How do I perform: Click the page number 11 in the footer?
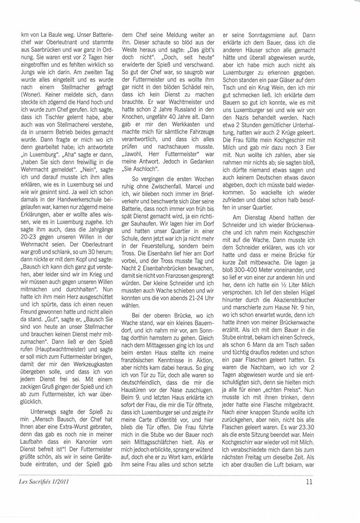pos(309,482)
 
